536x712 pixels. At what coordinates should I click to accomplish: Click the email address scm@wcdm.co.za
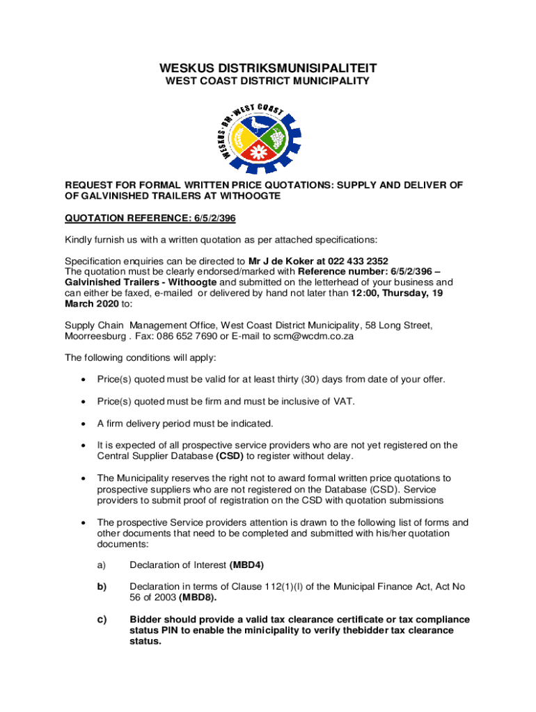[314, 336]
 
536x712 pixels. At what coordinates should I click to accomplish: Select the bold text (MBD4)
[247, 565]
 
